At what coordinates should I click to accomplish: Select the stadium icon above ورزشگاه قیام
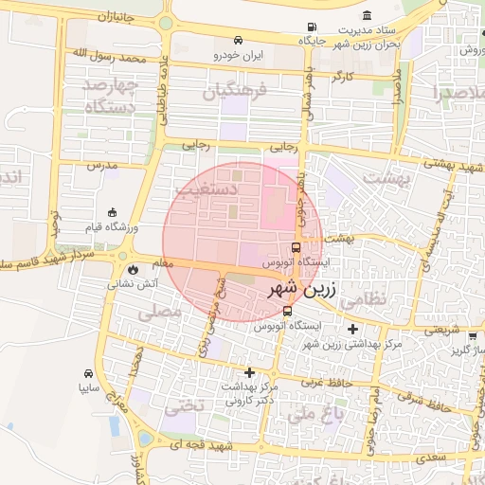[114, 212]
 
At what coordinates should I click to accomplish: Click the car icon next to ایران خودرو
[238, 42]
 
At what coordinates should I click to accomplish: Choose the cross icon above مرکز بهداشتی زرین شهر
[352, 329]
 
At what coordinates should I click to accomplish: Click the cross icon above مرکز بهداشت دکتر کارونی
[250, 372]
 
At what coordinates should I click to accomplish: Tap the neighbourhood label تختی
[183, 409]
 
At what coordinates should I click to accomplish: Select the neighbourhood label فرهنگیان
[237, 92]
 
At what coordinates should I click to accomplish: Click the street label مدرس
[101, 165]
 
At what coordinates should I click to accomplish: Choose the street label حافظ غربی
[326, 383]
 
